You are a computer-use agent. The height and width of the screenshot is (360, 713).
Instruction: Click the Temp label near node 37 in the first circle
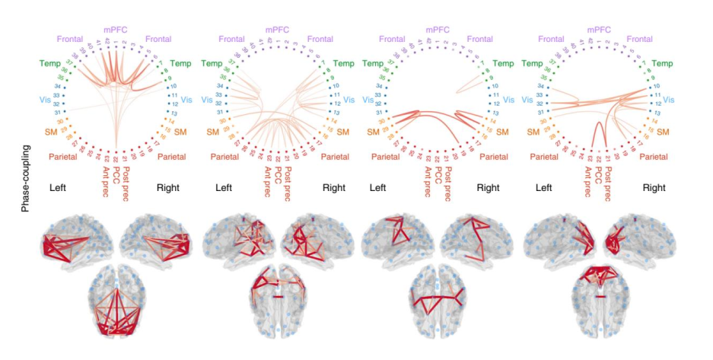coord(49,63)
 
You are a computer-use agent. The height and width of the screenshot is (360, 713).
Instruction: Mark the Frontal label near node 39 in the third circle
coord(392,39)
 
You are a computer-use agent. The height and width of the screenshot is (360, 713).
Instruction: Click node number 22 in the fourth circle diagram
coord(596,158)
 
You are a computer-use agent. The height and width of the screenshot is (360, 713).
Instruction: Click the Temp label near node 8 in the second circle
coord(347,64)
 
